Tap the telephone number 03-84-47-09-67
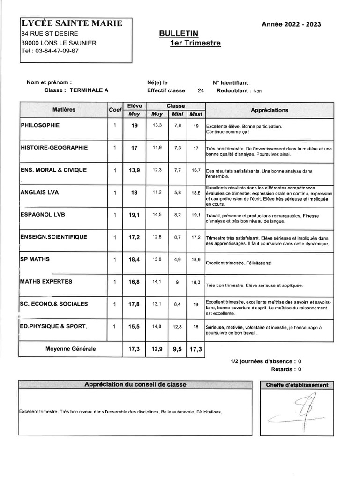pyautogui.click(x=55, y=51)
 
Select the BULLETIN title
pyautogui.click(x=179, y=33)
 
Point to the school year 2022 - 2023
pyautogui.click(x=294, y=25)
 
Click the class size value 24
pyautogui.click(x=201, y=91)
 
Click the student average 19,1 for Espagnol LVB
pyautogui.click(x=134, y=215)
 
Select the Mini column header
pyautogui.click(x=177, y=114)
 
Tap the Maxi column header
pyautogui.click(x=196, y=114)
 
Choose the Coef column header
pyautogui.click(x=115, y=110)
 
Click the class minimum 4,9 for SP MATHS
pyautogui.click(x=177, y=259)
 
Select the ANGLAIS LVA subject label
pyautogui.click(x=39, y=192)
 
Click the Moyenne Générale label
pyautogui.click(x=70, y=349)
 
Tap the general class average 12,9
pyautogui.click(x=157, y=349)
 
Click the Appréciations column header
pyautogui.click(x=270, y=110)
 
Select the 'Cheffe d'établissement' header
pyautogui.click(x=297, y=385)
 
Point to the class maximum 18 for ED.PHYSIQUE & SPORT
pyautogui.click(x=196, y=326)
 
